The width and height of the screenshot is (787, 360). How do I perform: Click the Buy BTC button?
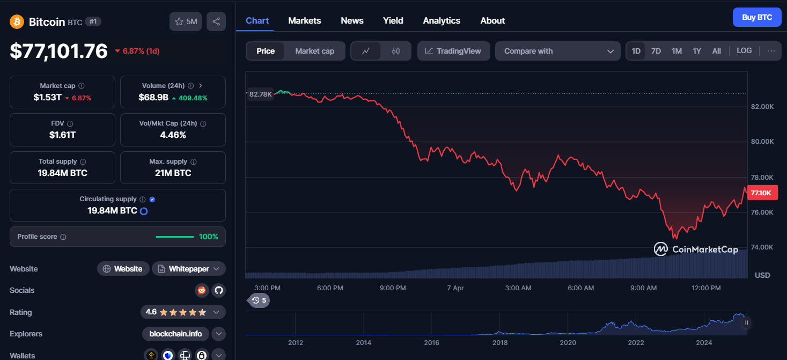tap(757, 17)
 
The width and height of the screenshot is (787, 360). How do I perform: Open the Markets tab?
tap(305, 21)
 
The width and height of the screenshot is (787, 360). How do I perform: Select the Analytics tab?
tap(442, 21)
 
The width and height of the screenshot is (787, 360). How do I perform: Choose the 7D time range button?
tap(656, 51)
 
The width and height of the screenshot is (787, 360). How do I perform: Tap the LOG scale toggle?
tap(744, 50)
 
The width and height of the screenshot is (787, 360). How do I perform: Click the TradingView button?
tap(453, 51)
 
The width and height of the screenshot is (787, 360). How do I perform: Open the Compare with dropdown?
tap(557, 51)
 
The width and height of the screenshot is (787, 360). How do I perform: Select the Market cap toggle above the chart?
tap(314, 51)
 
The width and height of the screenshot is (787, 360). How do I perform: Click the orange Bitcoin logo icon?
tap(17, 22)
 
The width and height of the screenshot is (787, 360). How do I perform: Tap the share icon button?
tap(216, 21)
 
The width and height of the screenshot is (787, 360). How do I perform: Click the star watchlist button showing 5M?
tap(186, 21)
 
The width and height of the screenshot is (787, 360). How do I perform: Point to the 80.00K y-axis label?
tap(762, 142)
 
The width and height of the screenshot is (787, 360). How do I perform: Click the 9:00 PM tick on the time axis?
tap(393, 288)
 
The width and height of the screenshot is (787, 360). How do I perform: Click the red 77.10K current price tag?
tap(762, 193)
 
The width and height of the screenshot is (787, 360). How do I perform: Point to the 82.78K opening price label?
tap(260, 94)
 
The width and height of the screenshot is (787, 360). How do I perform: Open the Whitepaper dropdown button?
tap(189, 269)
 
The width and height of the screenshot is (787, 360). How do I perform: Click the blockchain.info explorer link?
tap(175, 334)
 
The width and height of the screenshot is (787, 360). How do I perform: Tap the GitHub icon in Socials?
tap(218, 290)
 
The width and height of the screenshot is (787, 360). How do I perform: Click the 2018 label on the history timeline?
tap(499, 342)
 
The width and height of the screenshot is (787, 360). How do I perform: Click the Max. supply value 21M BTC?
tap(173, 173)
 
